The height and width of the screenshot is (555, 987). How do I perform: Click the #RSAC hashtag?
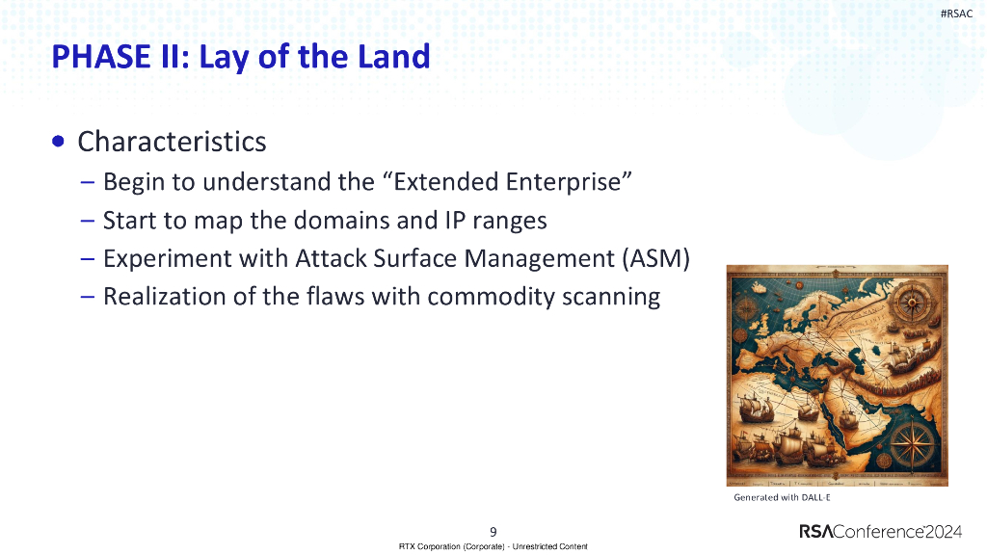pos(955,13)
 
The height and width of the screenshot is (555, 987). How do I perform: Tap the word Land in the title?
pos(394,57)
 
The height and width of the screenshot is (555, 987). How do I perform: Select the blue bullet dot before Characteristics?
pos(60,142)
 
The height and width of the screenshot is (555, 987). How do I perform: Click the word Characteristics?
pos(172,142)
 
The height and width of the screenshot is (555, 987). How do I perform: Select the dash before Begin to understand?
pos(88,182)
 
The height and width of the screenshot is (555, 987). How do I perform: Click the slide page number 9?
pos(493,531)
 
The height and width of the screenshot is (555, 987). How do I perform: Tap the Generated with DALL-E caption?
pos(782,498)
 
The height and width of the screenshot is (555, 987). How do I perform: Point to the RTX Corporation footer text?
pos(493,546)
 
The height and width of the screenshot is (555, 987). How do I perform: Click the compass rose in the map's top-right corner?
pos(909,304)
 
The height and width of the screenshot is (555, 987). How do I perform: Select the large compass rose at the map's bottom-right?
pos(907,444)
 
